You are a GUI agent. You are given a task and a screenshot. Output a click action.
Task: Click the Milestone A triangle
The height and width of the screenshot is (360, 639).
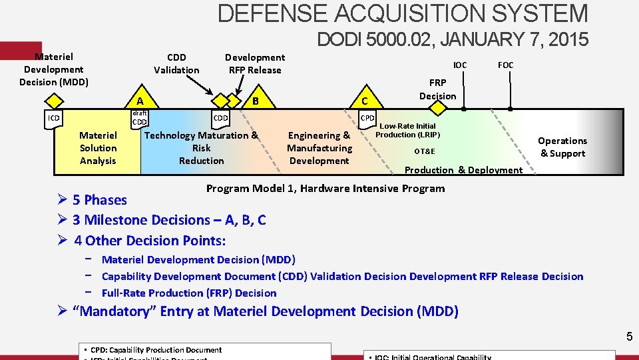140,100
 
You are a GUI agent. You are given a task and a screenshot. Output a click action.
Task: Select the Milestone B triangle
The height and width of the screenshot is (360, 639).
255,101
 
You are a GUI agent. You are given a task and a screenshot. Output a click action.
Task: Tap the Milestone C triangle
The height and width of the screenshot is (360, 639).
364,101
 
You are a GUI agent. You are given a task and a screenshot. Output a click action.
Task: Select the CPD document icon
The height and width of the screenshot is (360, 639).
367,119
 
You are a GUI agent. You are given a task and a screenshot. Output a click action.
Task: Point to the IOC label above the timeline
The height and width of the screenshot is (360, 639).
460,65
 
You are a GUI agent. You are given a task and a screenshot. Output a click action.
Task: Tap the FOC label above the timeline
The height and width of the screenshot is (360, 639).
505,65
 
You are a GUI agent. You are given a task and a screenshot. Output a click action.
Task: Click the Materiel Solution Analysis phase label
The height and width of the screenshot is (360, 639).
98,148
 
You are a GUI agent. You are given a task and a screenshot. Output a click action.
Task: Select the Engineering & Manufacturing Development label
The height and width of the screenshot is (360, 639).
319,148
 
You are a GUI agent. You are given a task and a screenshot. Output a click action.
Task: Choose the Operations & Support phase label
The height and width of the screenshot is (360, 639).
562,147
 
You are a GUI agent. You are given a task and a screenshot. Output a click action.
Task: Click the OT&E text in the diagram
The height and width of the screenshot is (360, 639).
425,151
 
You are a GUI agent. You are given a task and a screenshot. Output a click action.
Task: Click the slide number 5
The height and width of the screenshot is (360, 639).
629,337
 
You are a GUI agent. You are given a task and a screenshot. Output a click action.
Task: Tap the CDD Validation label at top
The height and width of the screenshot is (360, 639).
176,63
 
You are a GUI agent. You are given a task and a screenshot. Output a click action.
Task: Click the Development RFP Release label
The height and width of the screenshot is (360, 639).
255,63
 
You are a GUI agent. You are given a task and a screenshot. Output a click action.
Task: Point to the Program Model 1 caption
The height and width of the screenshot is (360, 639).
325,188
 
